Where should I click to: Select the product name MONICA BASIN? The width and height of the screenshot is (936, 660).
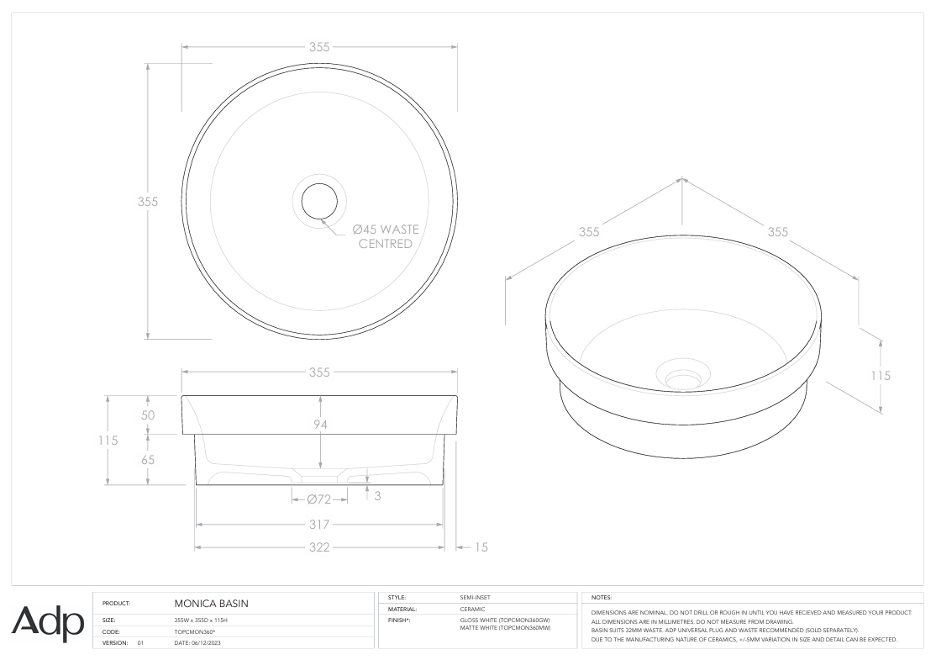click(x=211, y=603)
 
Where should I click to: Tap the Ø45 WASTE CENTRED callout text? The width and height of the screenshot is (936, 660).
click(x=385, y=236)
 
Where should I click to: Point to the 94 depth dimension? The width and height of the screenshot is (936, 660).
click(x=320, y=425)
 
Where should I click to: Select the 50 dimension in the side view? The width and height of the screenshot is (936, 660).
click(x=147, y=414)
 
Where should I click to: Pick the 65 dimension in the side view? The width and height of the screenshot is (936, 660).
click(x=147, y=460)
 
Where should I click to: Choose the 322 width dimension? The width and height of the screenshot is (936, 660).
click(x=319, y=547)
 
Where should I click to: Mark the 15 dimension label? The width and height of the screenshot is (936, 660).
click(x=481, y=547)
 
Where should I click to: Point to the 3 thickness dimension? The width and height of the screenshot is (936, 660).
click(x=377, y=496)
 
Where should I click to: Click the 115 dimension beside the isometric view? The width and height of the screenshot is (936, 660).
click(x=880, y=376)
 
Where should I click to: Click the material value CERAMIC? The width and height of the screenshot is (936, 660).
click(x=473, y=609)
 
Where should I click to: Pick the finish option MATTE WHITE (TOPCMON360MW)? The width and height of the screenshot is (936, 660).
click(x=505, y=628)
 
